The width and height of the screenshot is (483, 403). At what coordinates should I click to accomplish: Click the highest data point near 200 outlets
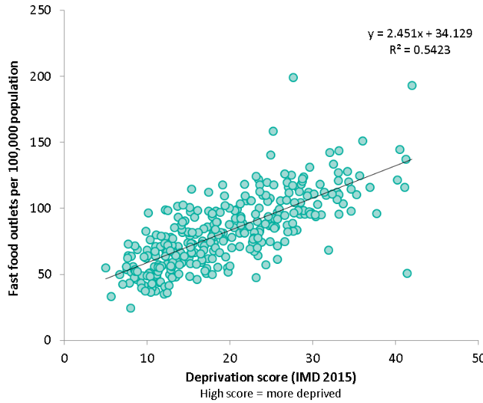[x=293, y=77]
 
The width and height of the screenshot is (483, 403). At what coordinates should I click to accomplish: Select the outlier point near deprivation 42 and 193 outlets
[x=411, y=85]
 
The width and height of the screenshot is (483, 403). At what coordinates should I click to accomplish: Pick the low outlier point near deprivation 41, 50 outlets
[x=407, y=273]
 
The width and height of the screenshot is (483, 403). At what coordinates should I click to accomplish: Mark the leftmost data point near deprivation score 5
[x=105, y=268]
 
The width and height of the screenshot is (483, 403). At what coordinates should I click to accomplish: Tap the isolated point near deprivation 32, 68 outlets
[x=328, y=250]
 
